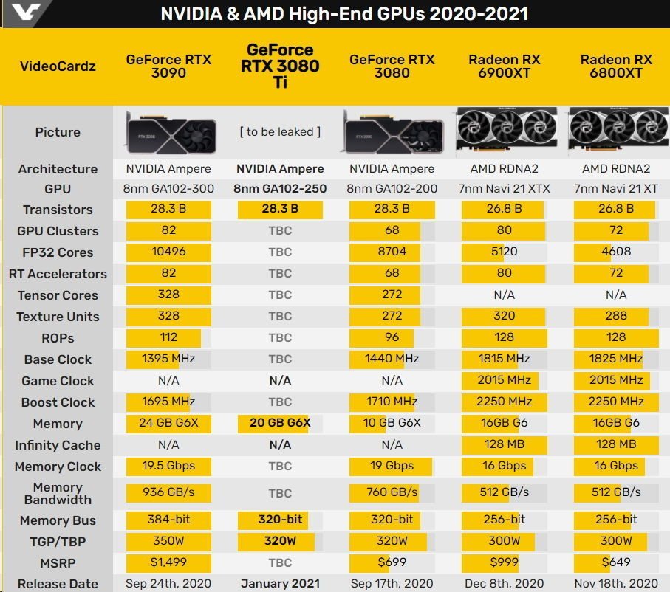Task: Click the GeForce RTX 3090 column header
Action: click(x=168, y=66)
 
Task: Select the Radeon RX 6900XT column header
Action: click(x=505, y=66)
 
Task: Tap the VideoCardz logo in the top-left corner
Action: click(x=26, y=12)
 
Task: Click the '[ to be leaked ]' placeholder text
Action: click(x=280, y=131)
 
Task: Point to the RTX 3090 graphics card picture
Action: click(x=171, y=133)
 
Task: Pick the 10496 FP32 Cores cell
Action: click(x=168, y=252)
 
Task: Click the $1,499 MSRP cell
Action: click(x=168, y=562)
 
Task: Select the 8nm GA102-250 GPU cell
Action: click(x=280, y=188)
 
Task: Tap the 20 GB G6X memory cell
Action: click(x=280, y=423)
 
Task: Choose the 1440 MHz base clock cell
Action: click(x=392, y=358)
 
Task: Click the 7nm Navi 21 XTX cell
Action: click(x=505, y=188)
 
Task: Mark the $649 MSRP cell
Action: click(x=616, y=562)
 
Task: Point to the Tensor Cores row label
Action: click(x=58, y=295)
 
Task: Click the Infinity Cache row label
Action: click(x=58, y=445)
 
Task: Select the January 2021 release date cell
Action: click(x=280, y=583)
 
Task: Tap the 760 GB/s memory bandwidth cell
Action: click(x=392, y=492)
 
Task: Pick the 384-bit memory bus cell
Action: click(x=168, y=520)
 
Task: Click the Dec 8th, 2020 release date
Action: click(x=505, y=583)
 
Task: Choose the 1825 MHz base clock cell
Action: click(x=616, y=358)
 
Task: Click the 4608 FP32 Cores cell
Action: click(x=616, y=252)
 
